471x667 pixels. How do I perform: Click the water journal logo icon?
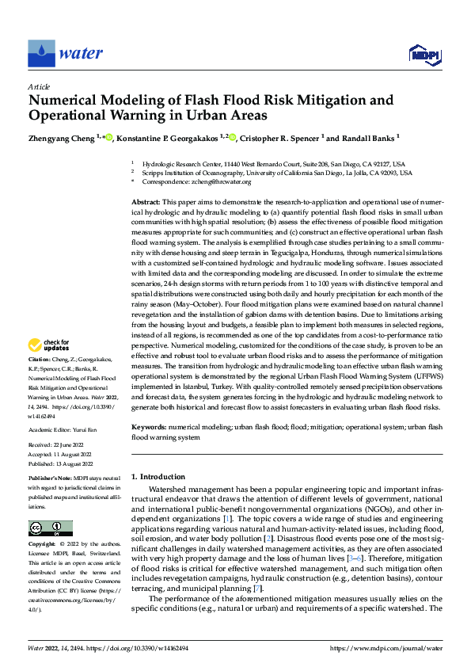pyautogui.click(x=42, y=53)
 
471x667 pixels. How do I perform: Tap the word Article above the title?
pyautogui.click(x=39, y=86)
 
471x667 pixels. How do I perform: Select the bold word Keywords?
pyautogui.click(x=149, y=427)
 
